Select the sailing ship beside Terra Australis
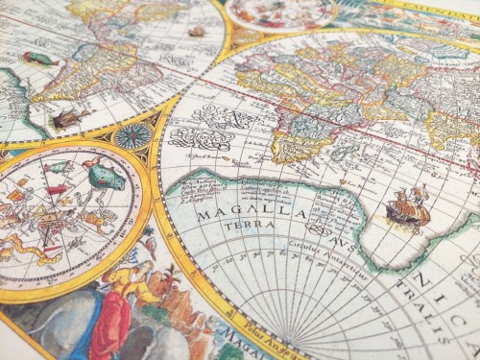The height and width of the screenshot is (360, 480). [408, 207]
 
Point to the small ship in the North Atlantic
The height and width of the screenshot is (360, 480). [197, 32]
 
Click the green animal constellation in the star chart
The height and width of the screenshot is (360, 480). [106, 176]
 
